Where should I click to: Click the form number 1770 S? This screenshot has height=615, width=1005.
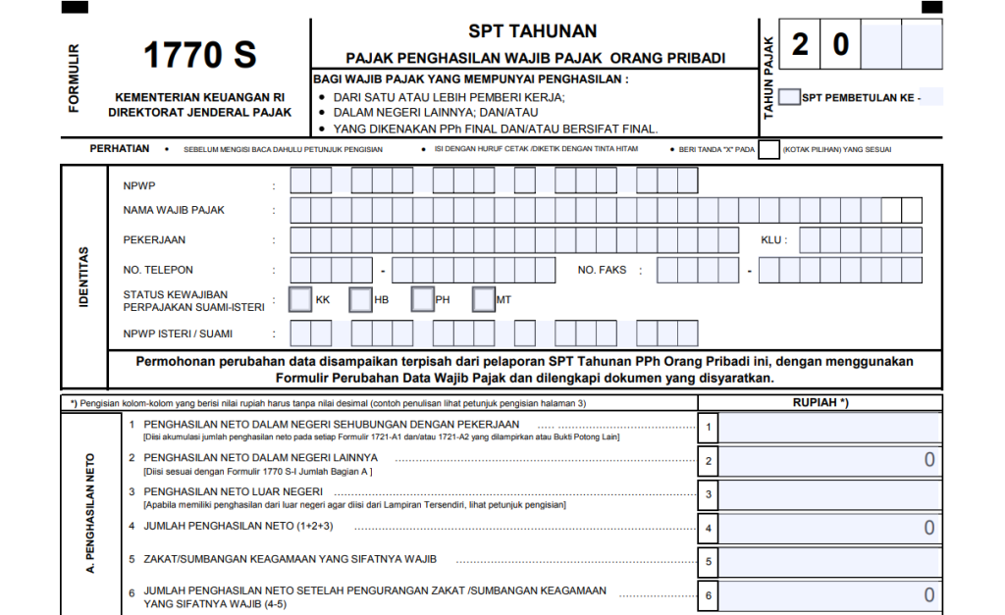pyautogui.click(x=200, y=56)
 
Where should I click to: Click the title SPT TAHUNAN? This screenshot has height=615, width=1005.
pyautogui.click(x=533, y=32)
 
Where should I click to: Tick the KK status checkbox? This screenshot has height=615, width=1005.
pyautogui.click(x=300, y=299)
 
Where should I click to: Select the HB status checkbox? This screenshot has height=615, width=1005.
pyautogui.click(x=361, y=299)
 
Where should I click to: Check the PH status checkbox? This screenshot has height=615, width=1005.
pyautogui.click(x=423, y=299)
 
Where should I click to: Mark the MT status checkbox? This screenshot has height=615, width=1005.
pyautogui.click(x=484, y=299)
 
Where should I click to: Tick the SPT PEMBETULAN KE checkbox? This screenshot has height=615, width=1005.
pyautogui.click(x=789, y=97)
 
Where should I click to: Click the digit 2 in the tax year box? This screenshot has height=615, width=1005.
pyautogui.click(x=801, y=44)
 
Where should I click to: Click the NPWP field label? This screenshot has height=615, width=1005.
pyautogui.click(x=139, y=185)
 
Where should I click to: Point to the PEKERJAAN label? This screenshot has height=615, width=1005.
pyautogui.click(x=154, y=240)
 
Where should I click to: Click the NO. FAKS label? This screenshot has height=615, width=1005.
pyautogui.click(x=603, y=270)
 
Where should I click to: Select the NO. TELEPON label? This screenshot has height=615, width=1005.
pyautogui.click(x=158, y=270)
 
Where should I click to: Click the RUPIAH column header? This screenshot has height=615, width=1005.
pyautogui.click(x=820, y=402)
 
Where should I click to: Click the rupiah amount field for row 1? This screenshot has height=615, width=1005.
pyautogui.click(x=830, y=428)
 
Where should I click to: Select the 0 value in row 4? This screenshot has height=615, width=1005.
pyautogui.click(x=928, y=529)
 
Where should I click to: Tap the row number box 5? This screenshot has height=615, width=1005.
pyautogui.click(x=709, y=562)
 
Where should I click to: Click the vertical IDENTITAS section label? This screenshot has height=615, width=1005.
pyautogui.click(x=83, y=277)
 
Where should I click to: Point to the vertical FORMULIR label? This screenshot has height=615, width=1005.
pyautogui.click(x=75, y=77)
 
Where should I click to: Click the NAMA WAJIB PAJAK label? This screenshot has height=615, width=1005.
pyautogui.click(x=174, y=210)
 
